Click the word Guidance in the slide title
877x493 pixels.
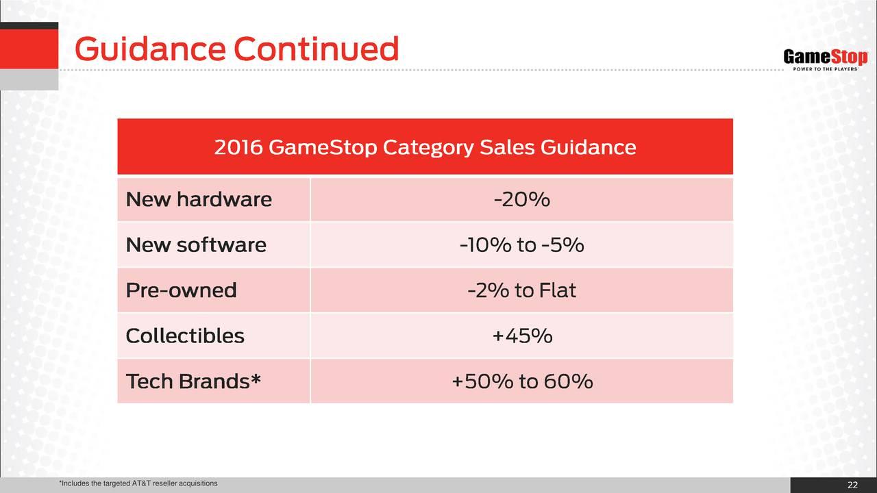[x=150, y=49]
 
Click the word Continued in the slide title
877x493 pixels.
[x=317, y=49]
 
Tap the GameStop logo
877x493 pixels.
[x=826, y=60]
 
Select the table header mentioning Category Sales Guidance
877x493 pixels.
[x=425, y=147]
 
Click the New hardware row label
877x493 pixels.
[x=199, y=199]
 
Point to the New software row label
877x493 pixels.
[x=196, y=245]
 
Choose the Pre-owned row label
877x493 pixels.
[x=182, y=290]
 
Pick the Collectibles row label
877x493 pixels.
[x=185, y=336]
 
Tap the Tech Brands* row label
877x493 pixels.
[x=193, y=381]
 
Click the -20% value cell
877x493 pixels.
[x=522, y=199]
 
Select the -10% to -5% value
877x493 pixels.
[x=522, y=245]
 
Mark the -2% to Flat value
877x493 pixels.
[x=522, y=290]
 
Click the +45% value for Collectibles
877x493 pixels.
[x=522, y=336]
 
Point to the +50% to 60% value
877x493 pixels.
[x=522, y=381]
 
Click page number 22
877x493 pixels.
[x=853, y=485]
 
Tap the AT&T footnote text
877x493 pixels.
[x=138, y=483]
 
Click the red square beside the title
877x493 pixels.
[x=29, y=49]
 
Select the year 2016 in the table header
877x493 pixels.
[x=238, y=147]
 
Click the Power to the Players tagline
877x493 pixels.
[x=826, y=69]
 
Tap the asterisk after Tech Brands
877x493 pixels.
[x=256, y=378]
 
